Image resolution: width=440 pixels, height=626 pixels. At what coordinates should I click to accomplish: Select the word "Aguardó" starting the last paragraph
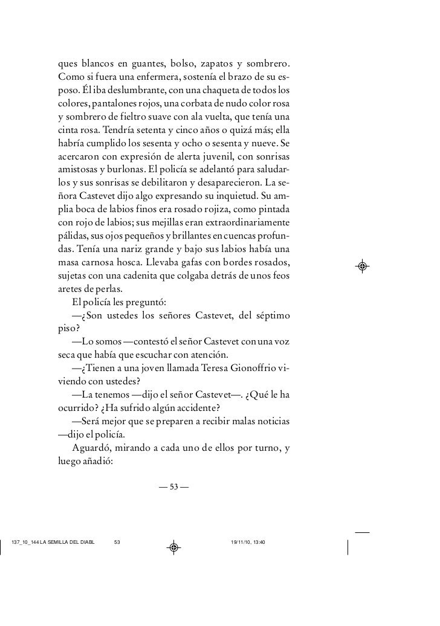click(91, 447)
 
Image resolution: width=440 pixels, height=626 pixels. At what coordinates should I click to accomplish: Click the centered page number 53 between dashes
click(174, 486)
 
